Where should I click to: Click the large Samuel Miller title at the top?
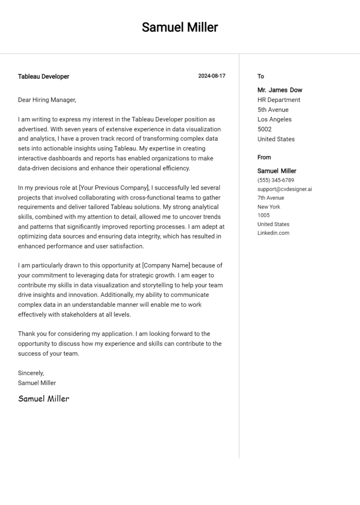point(180,27)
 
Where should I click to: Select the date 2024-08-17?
point(211,76)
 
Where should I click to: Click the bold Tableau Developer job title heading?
point(44,76)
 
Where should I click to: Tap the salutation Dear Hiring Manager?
point(47,100)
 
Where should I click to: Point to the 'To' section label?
point(261,76)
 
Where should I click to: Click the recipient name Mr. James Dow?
point(280,90)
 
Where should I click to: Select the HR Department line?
point(279,100)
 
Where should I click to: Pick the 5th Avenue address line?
point(273,110)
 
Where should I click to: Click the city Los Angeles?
point(274,119)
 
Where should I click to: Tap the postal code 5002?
point(264,129)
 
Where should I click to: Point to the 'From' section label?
point(264,157)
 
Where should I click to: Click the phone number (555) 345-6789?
point(276,180)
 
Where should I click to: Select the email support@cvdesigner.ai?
point(285,189)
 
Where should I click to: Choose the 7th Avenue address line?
point(270,198)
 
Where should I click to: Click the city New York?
point(269,207)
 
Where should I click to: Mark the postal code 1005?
point(263,215)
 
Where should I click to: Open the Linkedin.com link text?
point(273,233)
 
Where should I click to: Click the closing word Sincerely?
point(31,373)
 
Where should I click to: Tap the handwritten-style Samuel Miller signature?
point(44,399)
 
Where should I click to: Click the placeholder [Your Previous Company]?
point(114,188)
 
